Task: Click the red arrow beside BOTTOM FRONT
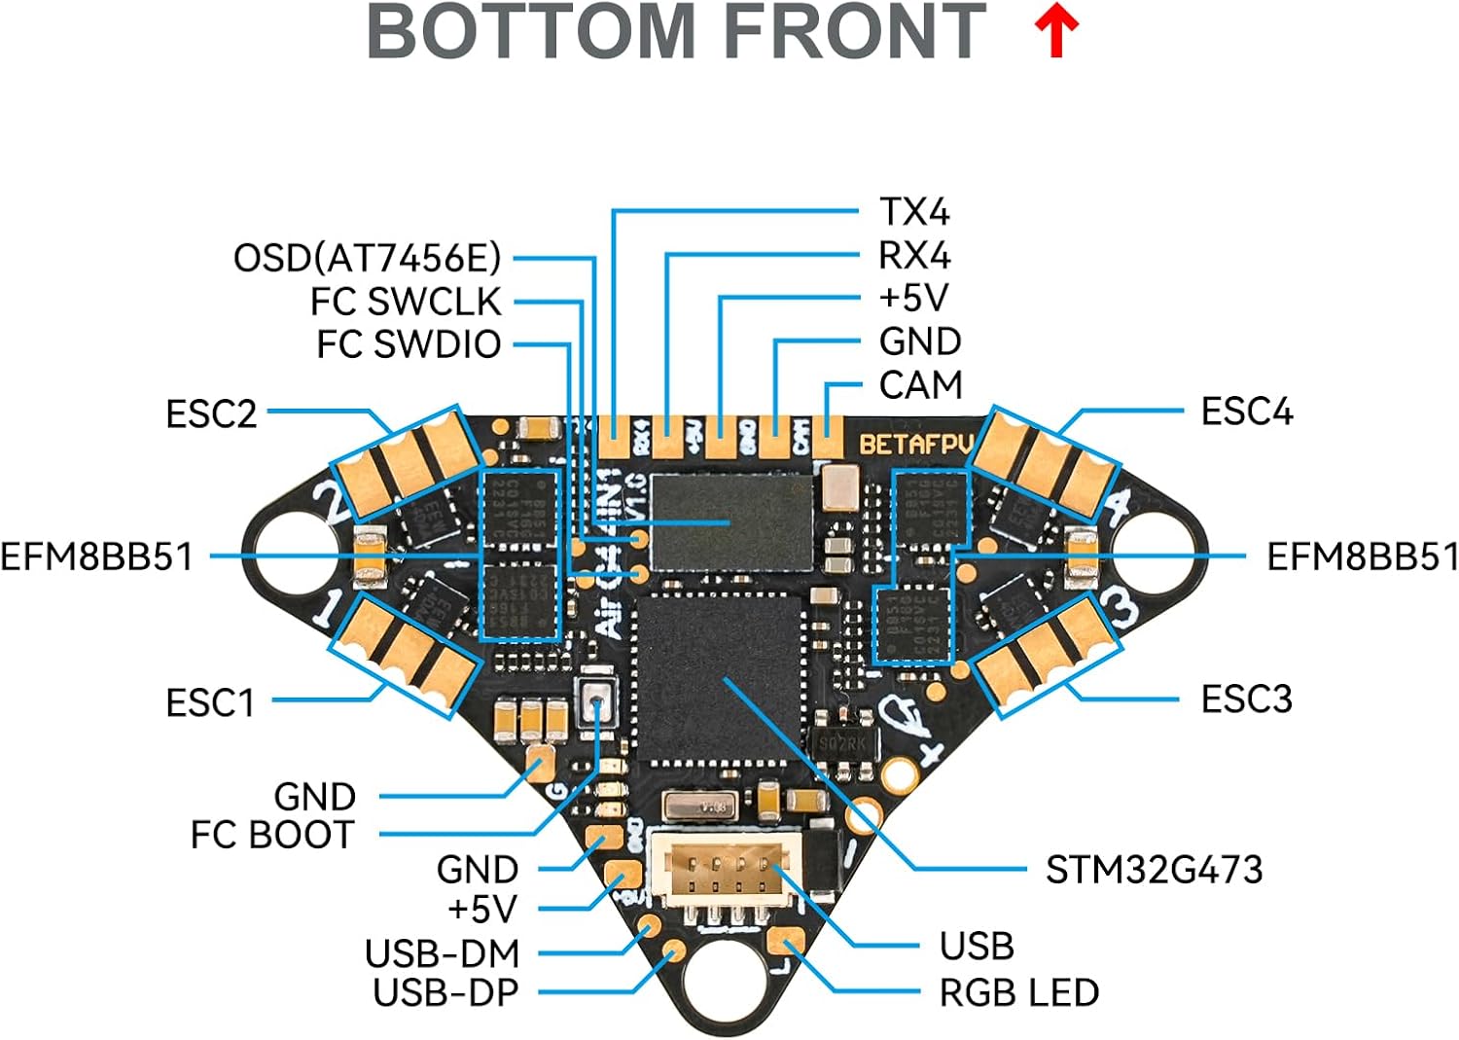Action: [x=1056, y=31]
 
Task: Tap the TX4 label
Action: [x=913, y=212]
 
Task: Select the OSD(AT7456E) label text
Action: [x=367, y=258]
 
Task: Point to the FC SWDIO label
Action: [x=409, y=344]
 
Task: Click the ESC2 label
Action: [x=211, y=413]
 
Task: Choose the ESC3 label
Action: [x=1246, y=699]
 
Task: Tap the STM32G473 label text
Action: [x=1154, y=869]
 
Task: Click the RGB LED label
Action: [x=1018, y=992]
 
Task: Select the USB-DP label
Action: [x=445, y=992]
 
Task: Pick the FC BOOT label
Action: [x=272, y=835]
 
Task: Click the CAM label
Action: [x=920, y=385]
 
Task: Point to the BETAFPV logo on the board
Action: [x=915, y=445]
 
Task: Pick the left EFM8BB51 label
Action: [x=96, y=556]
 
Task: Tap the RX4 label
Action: [x=913, y=256]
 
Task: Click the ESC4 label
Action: [x=1246, y=412]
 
